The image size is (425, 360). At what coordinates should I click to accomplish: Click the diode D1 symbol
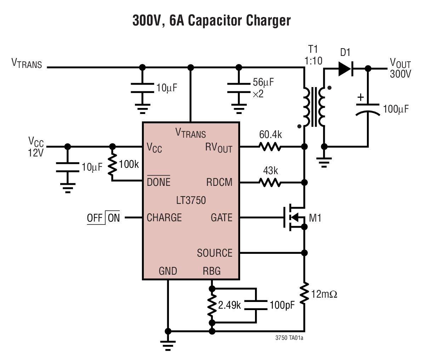click(345, 68)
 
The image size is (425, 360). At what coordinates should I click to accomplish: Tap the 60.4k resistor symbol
click(270, 147)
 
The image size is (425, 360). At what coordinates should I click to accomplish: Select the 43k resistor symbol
click(270, 183)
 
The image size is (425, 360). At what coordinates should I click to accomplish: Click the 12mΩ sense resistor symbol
click(304, 293)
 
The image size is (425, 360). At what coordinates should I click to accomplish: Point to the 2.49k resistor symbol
click(212, 305)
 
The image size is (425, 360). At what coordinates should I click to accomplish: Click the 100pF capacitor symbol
click(256, 305)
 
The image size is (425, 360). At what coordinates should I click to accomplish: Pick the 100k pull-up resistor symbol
click(112, 165)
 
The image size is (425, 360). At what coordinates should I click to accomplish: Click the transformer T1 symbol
click(314, 106)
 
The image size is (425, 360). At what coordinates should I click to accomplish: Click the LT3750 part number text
click(191, 200)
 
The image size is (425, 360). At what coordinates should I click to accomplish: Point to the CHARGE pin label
click(164, 217)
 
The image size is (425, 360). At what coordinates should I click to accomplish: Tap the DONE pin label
click(158, 182)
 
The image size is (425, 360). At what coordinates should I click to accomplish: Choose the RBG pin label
click(211, 271)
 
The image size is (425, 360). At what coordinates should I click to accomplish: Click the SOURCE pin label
click(215, 253)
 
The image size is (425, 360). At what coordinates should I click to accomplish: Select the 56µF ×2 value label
click(262, 88)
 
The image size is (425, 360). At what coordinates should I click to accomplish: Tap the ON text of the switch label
click(114, 218)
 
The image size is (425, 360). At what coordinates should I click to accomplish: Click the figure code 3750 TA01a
click(289, 338)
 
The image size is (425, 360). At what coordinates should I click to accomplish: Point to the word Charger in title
click(268, 21)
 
